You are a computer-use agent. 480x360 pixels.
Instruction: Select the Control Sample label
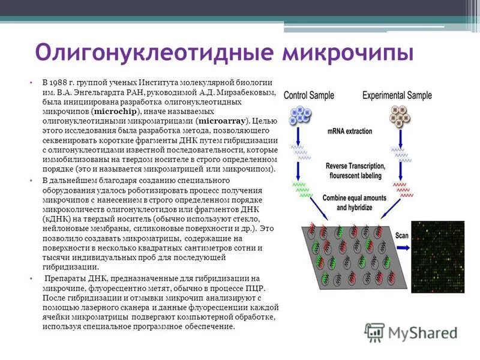310,95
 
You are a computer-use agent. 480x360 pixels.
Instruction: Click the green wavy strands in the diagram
302,189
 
